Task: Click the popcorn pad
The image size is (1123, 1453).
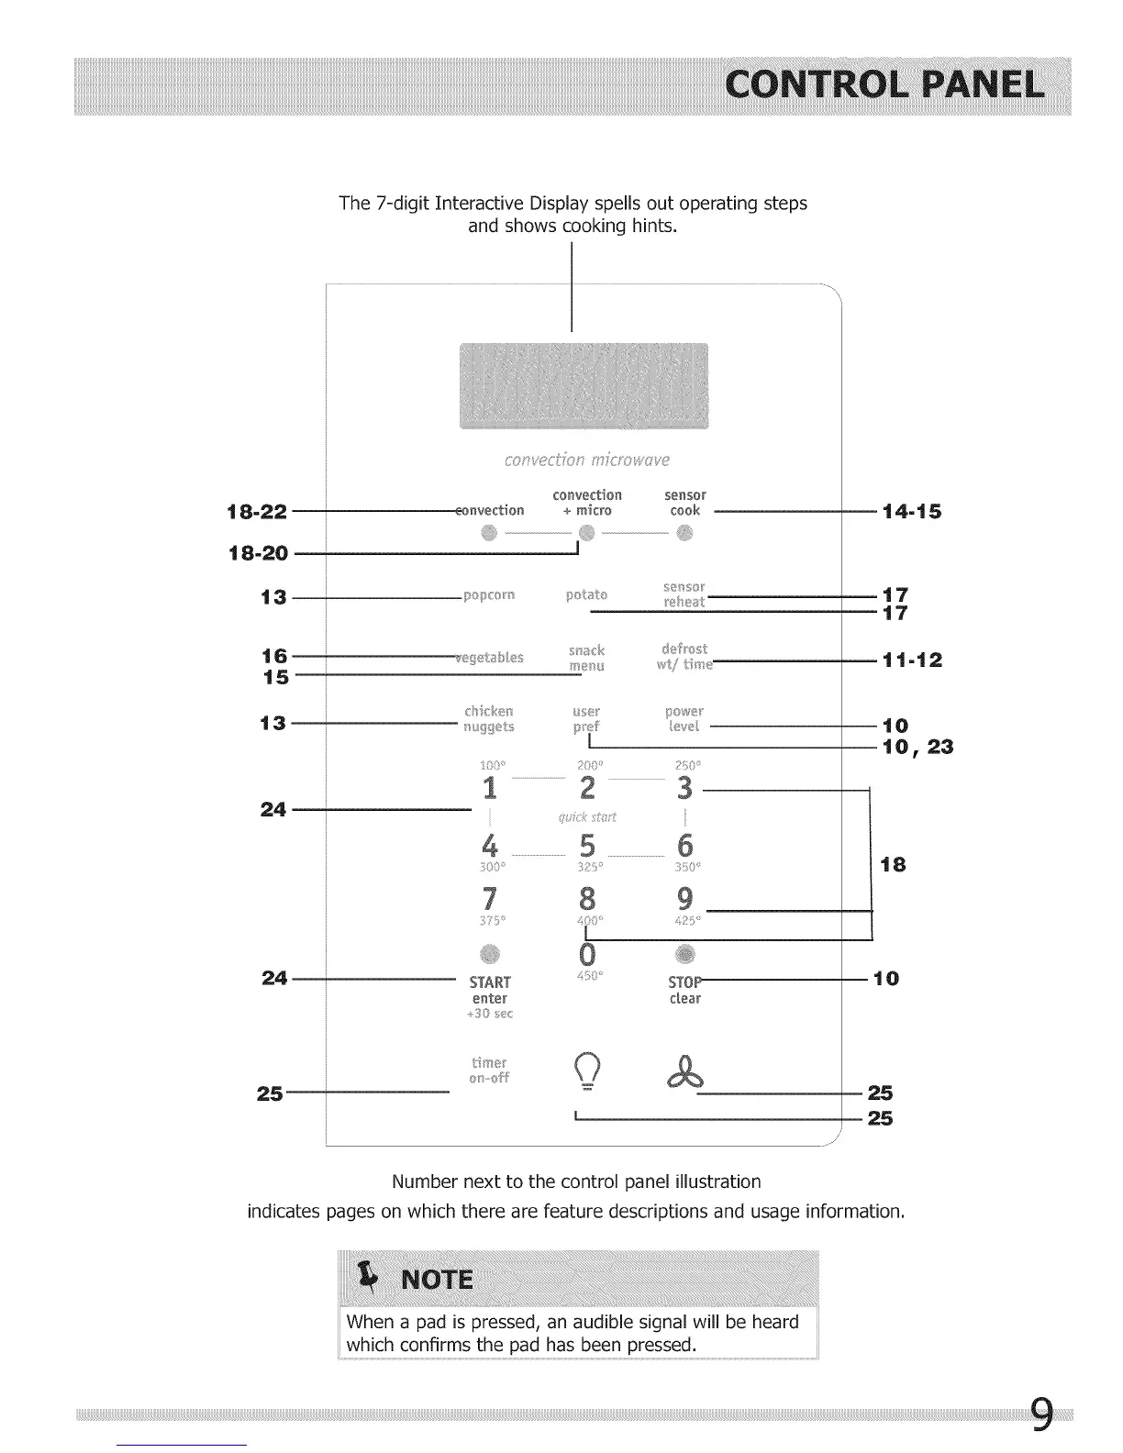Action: tap(489, 594)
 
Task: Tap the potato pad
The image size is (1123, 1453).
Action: tap(586, 594)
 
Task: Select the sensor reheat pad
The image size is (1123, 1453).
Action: tap(684, 594)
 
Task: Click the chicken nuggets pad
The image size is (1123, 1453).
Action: tap(489, 719)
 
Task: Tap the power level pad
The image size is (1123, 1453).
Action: tap(684, 718)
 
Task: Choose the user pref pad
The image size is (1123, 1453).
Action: tap(586, 718)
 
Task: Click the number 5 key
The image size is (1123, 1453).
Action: tap(587, 844)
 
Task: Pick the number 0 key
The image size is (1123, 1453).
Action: tap(587, 954)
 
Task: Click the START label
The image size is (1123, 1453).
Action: tap(490, 982)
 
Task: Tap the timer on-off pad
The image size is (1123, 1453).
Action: tap(489, 1070)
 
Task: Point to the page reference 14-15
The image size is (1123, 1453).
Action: tap(911, 512)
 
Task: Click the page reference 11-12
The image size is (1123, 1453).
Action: tap(912, 660)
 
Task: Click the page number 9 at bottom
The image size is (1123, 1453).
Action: tap(1040, 1414)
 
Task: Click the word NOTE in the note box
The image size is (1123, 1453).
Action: tap(438, 1280)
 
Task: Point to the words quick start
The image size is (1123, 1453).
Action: tap(587, 816)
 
